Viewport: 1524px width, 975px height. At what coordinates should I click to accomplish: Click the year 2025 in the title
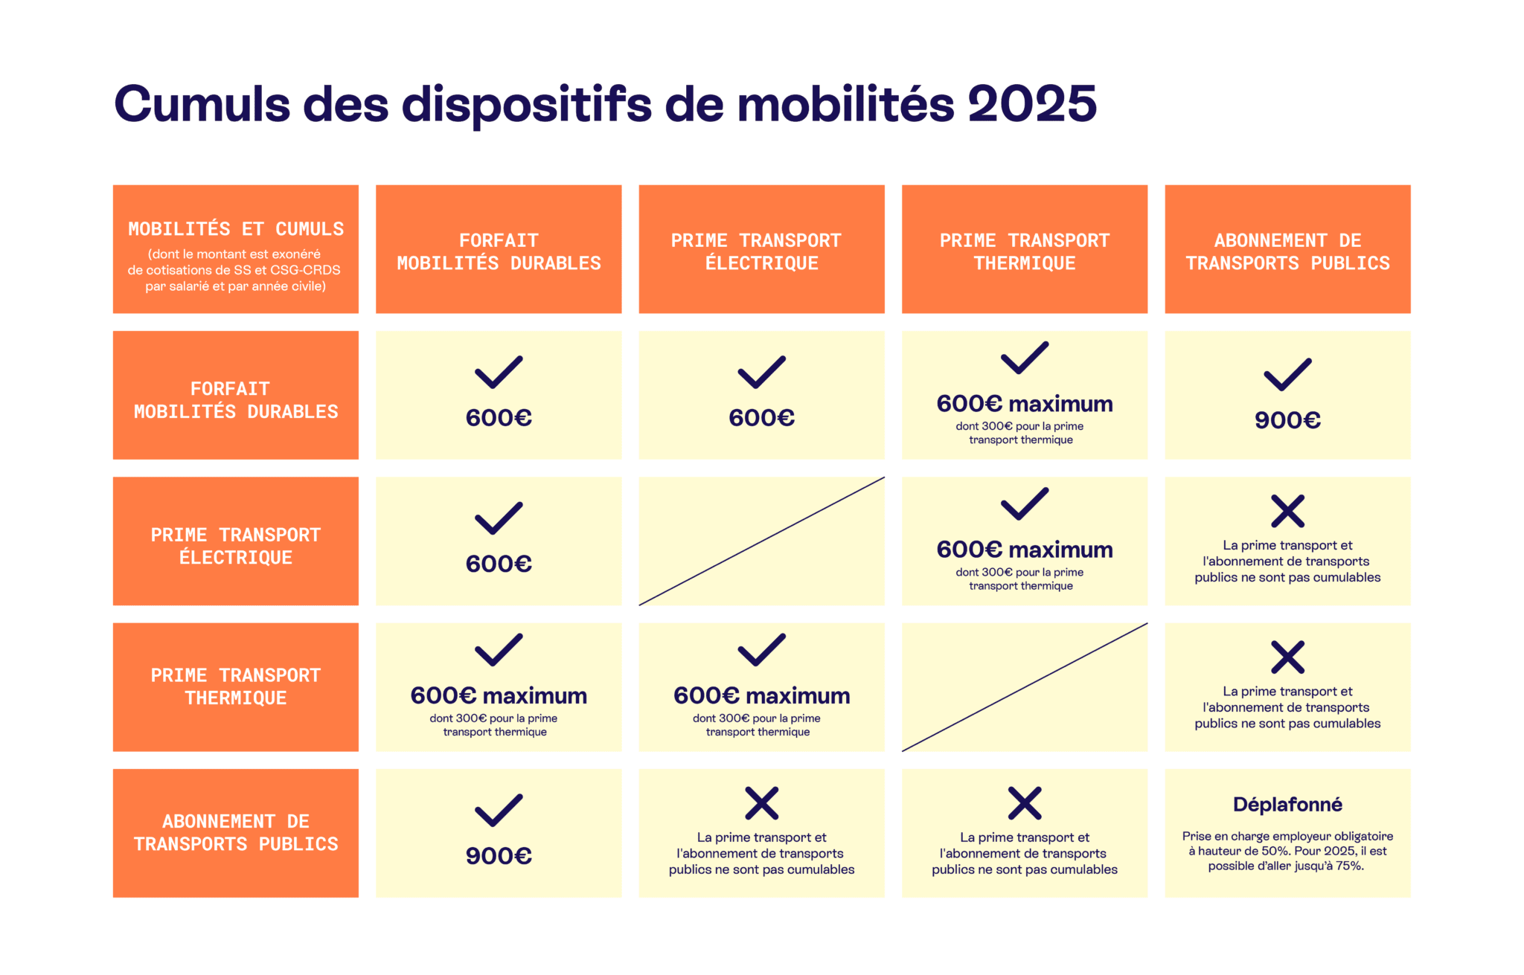click(1031, 103)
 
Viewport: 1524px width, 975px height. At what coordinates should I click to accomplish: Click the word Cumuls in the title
click(202, 103)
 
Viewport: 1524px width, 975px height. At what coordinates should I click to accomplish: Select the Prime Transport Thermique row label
click(236, 687)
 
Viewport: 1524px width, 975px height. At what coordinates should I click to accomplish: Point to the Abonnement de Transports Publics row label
click(236, 833)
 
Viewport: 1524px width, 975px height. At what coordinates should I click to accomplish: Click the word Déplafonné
click(1287, 805)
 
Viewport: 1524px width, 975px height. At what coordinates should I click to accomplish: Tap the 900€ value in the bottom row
click(499, 856)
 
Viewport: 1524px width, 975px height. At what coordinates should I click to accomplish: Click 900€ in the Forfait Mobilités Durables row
click(1287, 420)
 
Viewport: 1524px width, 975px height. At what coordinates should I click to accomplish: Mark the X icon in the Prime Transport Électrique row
click(1287, 511)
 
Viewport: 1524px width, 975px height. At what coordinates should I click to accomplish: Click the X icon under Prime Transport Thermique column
click(1025, 803)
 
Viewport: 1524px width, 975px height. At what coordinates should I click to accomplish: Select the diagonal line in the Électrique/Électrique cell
click(761, 541)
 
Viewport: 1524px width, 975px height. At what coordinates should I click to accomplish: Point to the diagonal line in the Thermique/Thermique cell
click(1025, 687)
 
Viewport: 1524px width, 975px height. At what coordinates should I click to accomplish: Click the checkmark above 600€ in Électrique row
click(499, 518)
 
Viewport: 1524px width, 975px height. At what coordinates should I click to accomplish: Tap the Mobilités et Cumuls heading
click(236, 229)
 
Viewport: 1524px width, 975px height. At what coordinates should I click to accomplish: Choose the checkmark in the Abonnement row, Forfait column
click(499, 811)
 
